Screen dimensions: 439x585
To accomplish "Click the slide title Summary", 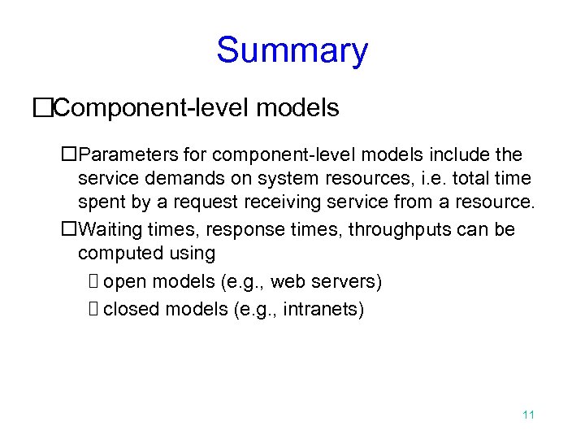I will [x=292, y=50].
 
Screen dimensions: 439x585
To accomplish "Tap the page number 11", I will [x=528, y=415].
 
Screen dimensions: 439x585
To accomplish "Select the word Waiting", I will [x=115, y=229].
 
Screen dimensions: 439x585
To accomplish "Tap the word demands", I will [x=163, y=177].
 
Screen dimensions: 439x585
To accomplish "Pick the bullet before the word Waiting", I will [x=69, y=229].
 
